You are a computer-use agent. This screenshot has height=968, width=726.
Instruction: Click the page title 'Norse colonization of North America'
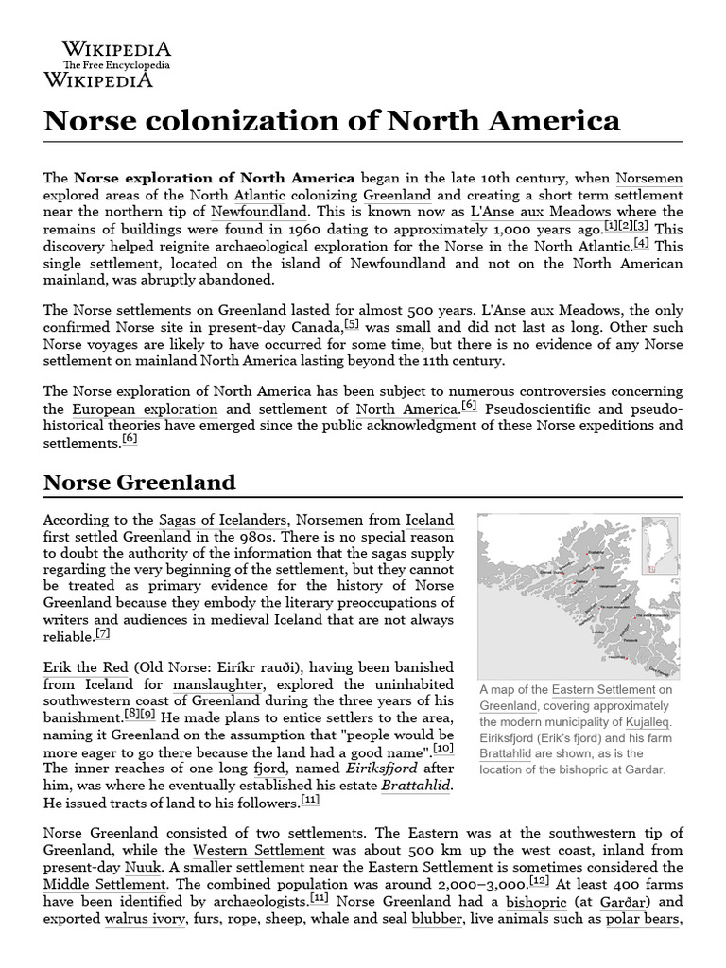(x=332, y=121)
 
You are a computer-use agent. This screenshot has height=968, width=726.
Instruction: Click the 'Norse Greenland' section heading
(x=140, y=482)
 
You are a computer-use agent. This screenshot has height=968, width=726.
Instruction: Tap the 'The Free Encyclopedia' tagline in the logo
(x=116, y=65)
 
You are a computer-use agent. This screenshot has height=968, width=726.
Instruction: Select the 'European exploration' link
(x=145, y=409)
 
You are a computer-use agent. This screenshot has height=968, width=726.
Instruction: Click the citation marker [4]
(x=642, y=242)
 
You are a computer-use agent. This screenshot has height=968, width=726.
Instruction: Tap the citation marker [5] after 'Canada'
(x=353, y=322)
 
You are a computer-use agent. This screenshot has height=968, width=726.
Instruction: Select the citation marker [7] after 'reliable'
(x=103, y=632)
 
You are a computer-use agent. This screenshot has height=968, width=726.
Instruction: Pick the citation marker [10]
(x=443, y=748)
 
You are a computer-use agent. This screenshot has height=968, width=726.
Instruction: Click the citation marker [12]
(x=540, y=878)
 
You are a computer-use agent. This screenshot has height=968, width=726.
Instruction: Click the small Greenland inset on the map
(x=660, y=545)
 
